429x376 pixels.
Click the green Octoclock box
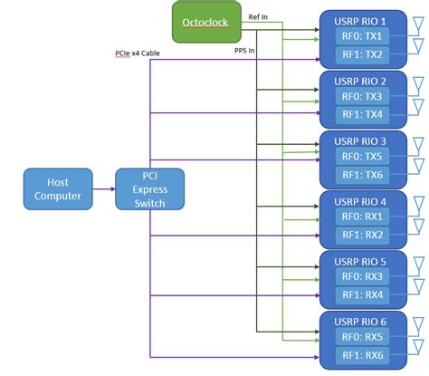206,22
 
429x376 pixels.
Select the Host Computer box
56,188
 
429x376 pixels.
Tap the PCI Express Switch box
149,188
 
